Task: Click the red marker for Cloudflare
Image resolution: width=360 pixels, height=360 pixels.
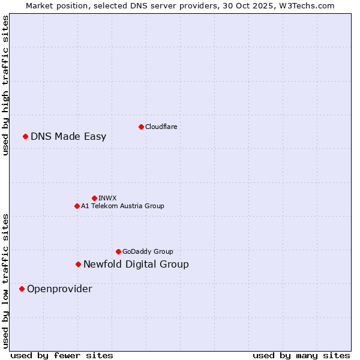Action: point(141,127)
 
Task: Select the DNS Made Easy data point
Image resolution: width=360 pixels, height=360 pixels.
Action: point(25,136)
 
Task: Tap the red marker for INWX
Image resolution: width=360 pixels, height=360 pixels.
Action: point(94,198)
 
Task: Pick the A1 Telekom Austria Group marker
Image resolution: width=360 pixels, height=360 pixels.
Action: point(77,206)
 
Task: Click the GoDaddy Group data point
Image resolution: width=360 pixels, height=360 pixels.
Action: point(118,251)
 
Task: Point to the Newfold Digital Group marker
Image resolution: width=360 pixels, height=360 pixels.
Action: point(78,264)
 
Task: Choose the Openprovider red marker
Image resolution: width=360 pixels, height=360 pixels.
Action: point(22,289)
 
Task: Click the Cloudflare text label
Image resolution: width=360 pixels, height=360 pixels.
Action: point(161,127)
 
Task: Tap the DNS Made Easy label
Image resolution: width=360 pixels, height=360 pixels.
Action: point(68,136)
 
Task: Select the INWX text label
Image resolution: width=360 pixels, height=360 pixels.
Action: point(107,198)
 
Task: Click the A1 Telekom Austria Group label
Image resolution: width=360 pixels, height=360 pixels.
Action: point(122,206)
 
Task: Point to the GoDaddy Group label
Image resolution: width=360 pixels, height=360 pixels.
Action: point(148,251)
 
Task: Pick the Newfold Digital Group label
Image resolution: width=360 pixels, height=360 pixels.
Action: point(136,264)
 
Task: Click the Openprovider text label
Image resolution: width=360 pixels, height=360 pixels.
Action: point(59,289)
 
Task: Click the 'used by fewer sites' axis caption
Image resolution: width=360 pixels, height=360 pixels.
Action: point(62,355)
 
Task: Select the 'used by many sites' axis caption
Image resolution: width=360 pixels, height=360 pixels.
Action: point(301,355)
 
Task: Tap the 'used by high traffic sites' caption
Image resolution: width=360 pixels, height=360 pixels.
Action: point(5,85)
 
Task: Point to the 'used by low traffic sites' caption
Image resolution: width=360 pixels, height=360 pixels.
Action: point(5,281)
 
